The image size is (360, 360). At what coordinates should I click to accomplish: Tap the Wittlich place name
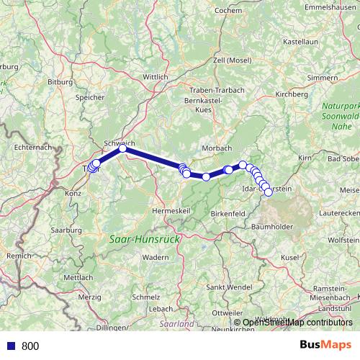pos(156,76)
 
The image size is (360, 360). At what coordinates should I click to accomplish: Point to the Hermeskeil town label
pos(171,210)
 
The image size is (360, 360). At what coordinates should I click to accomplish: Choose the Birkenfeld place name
pos(228,214)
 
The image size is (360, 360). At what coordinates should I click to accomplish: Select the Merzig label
pos(90,296)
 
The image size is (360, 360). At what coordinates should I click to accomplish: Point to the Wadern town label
pos(155,257)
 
